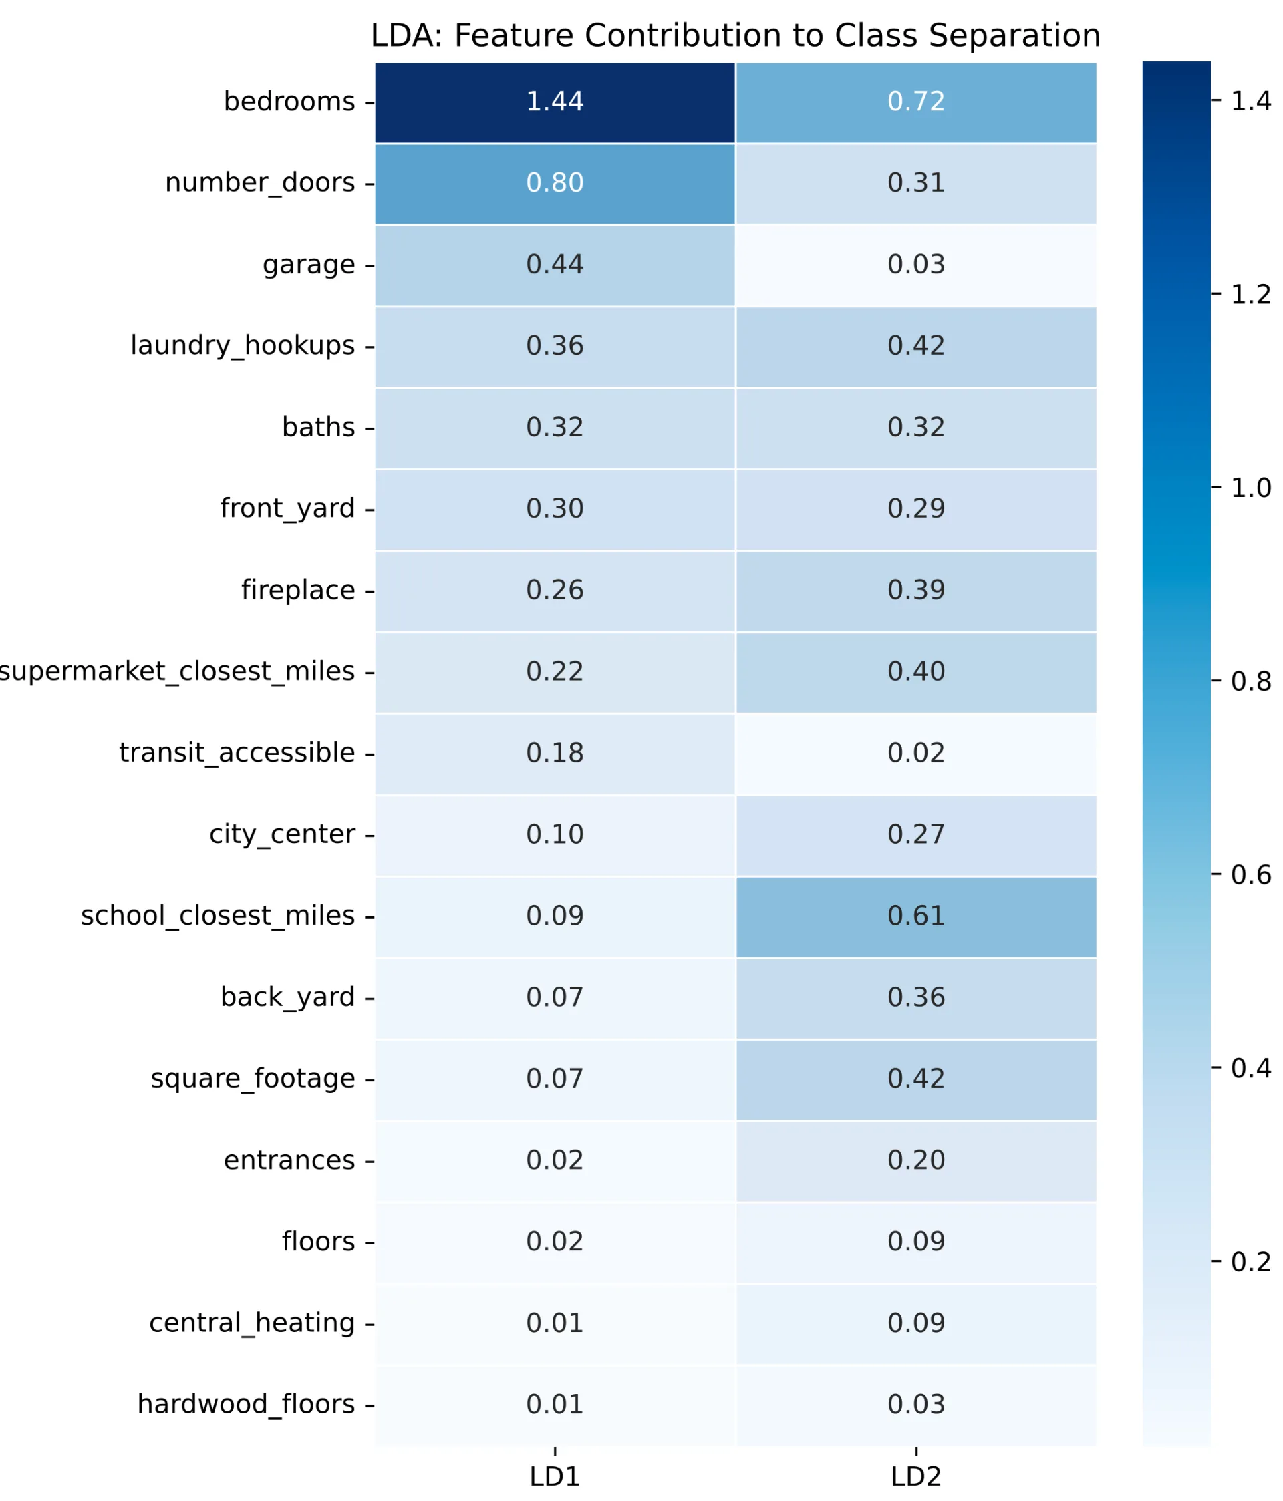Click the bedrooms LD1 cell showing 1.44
point(555,102)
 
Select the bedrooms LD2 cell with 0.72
point(916,102)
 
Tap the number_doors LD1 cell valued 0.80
point(555,183)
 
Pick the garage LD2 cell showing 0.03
point(916,265)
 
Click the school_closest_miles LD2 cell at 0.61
point(916,916)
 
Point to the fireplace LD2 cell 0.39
point(916,591)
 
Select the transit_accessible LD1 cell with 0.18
point(555,754)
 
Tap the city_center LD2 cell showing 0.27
point(916,835)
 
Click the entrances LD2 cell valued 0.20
point(916,1160)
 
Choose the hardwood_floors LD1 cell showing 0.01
point(555,1405)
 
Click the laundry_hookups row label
point(243,345)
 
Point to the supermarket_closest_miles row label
point(178,671)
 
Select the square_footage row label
point(253,1079)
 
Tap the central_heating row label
point(252,1323)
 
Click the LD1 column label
point(555,1476)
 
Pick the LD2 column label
point(916,1476)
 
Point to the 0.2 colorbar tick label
point(1250,1262)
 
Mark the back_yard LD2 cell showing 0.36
point(916,997)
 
